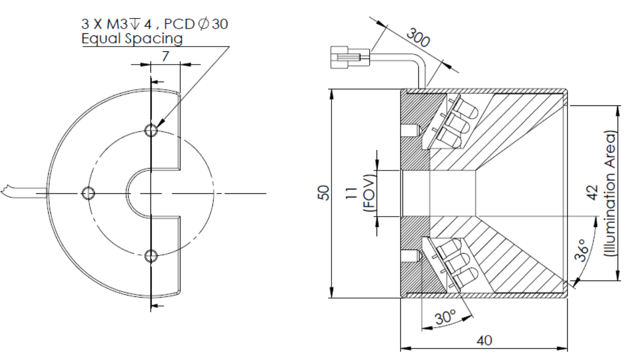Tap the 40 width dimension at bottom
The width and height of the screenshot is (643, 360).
(x=484, y=340)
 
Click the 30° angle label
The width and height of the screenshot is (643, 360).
(x=445, y=318)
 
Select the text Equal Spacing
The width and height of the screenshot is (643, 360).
(x=132, y=39)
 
